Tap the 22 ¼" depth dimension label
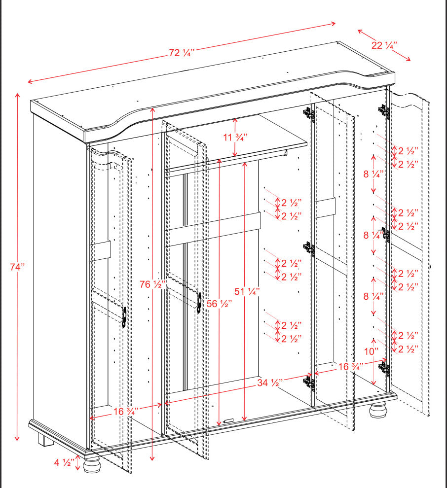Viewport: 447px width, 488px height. click(384, 45)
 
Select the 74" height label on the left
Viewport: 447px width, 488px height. click(17, 267)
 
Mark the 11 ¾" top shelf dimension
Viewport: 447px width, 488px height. click(235, 138)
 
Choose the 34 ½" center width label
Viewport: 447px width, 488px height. click(269, 383)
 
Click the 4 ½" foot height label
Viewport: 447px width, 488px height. click(65, 462)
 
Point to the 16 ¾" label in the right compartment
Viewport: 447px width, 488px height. click(350, 367)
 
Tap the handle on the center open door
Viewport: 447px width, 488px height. click(199, 302)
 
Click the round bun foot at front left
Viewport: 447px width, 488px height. click(92, 464)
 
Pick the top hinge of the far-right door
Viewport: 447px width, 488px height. click(384, 111)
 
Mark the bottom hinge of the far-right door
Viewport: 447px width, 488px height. click(385, 367)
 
